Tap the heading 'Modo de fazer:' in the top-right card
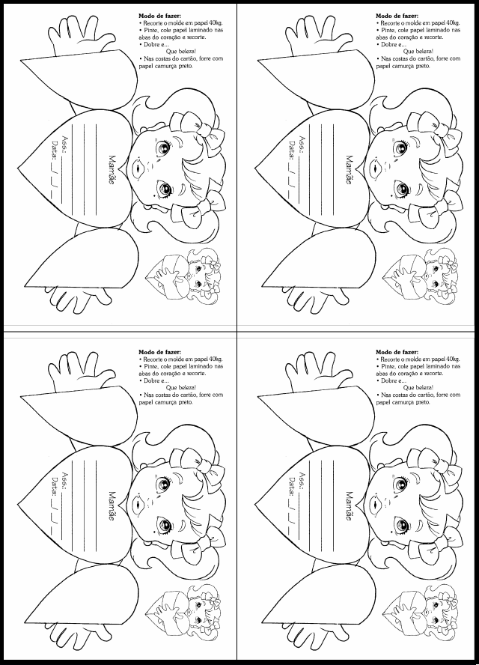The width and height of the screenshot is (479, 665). (x=397, y=16)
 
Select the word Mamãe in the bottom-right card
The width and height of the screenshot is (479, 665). (x=350, y=505)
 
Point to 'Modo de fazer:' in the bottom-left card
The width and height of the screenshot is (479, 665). (x=159, y=352)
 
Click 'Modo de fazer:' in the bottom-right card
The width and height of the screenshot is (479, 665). (x=397, y=352)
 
